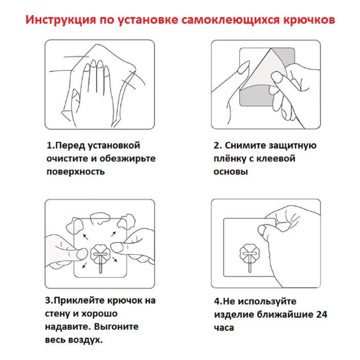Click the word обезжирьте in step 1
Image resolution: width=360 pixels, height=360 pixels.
coord(128,158)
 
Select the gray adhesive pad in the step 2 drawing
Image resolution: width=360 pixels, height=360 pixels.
coord(257,95)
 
